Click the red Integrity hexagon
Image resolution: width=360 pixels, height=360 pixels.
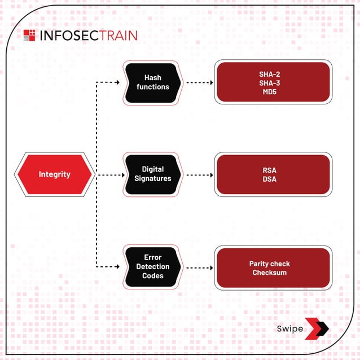55,174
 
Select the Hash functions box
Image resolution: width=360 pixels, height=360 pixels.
152,82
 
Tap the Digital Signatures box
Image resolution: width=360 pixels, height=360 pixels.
152,174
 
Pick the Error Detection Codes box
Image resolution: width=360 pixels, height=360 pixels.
152,266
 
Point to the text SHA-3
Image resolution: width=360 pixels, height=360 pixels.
273,83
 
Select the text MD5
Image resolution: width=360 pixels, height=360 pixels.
273,91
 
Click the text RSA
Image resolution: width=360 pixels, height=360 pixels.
273,170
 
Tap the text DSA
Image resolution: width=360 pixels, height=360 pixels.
273,179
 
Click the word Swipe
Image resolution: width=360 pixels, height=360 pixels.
289,329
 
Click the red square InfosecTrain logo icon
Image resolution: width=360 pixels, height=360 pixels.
29,36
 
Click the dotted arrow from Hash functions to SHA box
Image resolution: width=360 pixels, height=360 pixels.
199,82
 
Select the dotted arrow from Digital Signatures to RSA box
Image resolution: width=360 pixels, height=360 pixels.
199,174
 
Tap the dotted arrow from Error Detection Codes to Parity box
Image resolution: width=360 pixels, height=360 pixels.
199,266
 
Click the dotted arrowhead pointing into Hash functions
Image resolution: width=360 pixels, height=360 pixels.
117,82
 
